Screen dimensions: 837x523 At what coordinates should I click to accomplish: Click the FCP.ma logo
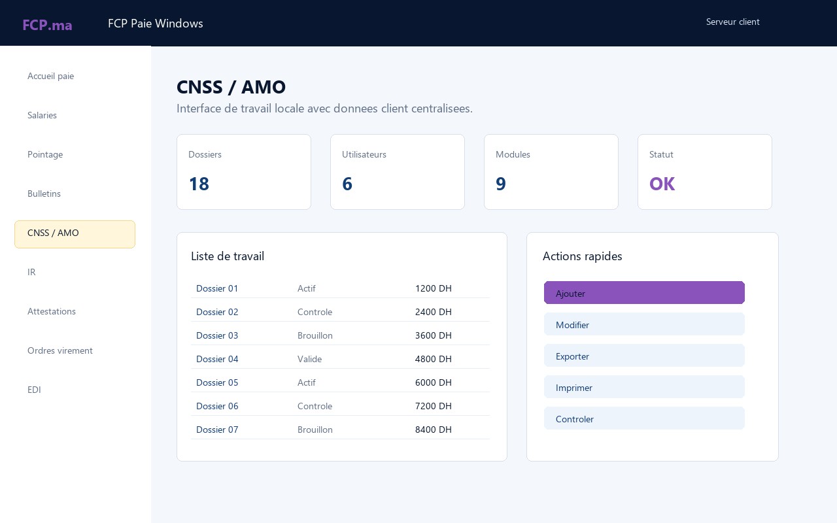pos(47,25)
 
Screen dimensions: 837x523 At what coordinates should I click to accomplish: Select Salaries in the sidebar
pos(42,115)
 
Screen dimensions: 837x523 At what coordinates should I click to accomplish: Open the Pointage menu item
pos(45,154)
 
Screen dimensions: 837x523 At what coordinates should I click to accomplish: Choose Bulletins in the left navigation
pos(44,194)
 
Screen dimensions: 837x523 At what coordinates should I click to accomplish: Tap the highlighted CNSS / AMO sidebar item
pos(75,234)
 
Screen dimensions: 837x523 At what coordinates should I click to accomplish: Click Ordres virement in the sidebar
pos(60,350)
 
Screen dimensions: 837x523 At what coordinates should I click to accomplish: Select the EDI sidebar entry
pos(34,390)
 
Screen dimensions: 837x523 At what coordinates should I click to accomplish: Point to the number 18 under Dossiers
pos(199,184)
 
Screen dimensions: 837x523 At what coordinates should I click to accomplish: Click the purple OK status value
pos(662,184)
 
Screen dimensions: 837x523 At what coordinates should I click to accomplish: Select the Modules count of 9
pos(501,184)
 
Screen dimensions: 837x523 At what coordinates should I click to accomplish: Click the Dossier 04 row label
pos(217,359)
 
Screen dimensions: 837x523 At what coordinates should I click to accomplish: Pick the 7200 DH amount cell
pos(434,406)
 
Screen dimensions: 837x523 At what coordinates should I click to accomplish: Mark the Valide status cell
pos(309,359)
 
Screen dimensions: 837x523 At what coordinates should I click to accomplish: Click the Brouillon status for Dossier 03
pos(315,335)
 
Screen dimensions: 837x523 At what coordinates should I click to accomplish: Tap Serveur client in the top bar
pos(733,22)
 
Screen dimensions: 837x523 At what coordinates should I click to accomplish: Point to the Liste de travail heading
pos(228,256)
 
